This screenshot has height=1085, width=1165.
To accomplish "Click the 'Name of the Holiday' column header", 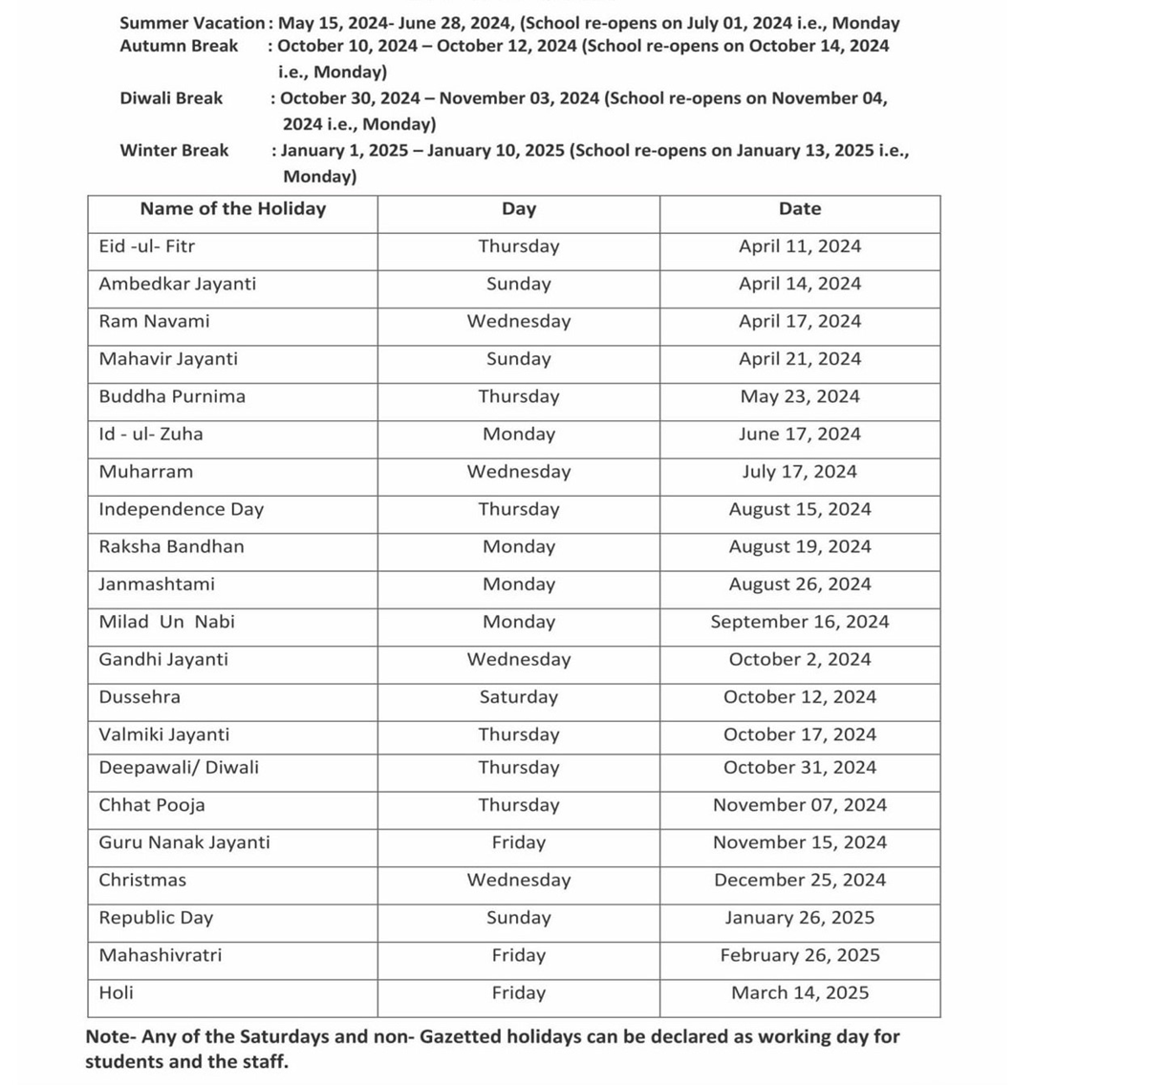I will [232, 209].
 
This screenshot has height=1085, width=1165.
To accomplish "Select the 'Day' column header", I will [518, 209].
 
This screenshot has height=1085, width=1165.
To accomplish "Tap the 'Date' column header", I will [799, 209].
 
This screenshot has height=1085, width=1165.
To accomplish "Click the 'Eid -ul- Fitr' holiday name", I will [146, 246].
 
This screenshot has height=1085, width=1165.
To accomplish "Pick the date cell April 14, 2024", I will [799, 284].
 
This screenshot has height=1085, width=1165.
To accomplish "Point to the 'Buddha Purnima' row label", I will [172, 396].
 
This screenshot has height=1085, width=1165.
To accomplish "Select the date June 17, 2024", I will [799, 435].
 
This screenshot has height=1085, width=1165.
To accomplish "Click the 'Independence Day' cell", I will [181, 509].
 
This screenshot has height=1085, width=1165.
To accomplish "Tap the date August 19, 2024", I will [799, 547].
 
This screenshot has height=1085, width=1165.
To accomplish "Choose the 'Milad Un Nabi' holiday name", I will [166, 622].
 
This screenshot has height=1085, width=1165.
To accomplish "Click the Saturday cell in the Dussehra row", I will [518, 697].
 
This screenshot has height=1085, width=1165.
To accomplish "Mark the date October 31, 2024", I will [799, 768].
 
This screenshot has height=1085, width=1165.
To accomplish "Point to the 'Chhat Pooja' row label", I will [151, 805].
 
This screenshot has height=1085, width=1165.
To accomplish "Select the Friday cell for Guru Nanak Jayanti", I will [518, 842].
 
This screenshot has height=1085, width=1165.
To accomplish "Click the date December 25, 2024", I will [799, 881].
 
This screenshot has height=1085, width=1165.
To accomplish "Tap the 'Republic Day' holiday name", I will [156, 918].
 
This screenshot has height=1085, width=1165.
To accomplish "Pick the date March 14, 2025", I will [799, 993].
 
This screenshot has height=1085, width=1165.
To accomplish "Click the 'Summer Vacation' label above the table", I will [191, 23].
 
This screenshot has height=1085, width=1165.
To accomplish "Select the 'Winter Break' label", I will [174, 150].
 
